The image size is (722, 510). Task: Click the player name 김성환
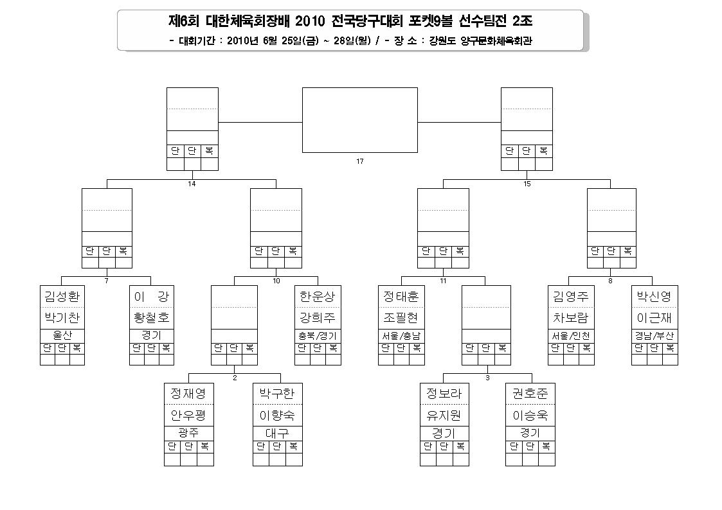(x=62, y=296)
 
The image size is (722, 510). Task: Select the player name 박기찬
(x=62, y=317)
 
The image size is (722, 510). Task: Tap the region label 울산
(x=62, y=335)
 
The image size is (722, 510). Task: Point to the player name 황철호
(x=152, y=317)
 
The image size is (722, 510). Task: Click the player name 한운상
(x=318, y=296)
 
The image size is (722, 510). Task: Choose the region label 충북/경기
(x=318, y=336)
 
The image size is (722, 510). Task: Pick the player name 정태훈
(x=401, y=296)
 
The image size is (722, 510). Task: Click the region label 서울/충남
(x=401, y=336)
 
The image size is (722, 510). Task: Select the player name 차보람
(x=571, y=317)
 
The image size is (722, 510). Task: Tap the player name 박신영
(x=654, y=296)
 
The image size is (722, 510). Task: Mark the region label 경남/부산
(x=654, y=336)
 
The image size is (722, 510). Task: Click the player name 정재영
(x=188, y=393)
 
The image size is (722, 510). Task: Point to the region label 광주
(x=188, y=433)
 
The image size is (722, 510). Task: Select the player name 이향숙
(x=277, y=416)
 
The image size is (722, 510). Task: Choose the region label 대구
(x=277, y=433)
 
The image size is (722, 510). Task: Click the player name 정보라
(x=444, y=393)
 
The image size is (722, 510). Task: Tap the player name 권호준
(x=530, y=393)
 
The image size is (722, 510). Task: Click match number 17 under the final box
(x=360, y=161)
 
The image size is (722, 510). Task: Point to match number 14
(x=192, y=184)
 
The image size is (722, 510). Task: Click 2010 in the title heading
(x=309, y=21)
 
